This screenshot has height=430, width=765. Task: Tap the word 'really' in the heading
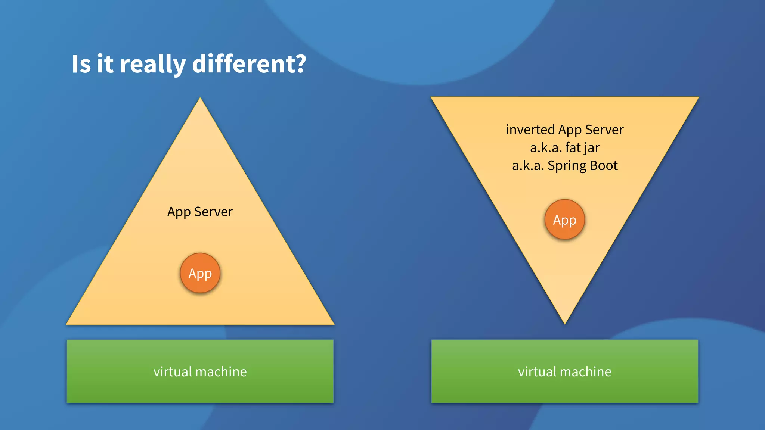pyautogui.click(x=152, y=64)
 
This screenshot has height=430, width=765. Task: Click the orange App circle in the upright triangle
pyautogui.click(x=200, y=273)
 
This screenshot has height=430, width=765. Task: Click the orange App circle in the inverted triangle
pyautogui.click(x=565, y=220)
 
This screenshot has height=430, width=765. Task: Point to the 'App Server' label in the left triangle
pyautogui.click(x=200, y=212)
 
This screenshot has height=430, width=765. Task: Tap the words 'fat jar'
pyautogui.click(x=582, y=148)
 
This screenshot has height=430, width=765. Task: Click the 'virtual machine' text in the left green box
pyautogui.click(x=200, y=372)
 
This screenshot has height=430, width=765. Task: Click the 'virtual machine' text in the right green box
pyautogui.click(x=564, y=372)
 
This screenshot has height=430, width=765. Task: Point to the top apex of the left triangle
pyautogui.click(x=200, y=99)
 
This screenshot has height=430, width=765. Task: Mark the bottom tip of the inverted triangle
pyautogui.click(x=565, y=323)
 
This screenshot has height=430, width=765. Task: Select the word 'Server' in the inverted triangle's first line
pyautogui.click(x=604, y=130)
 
